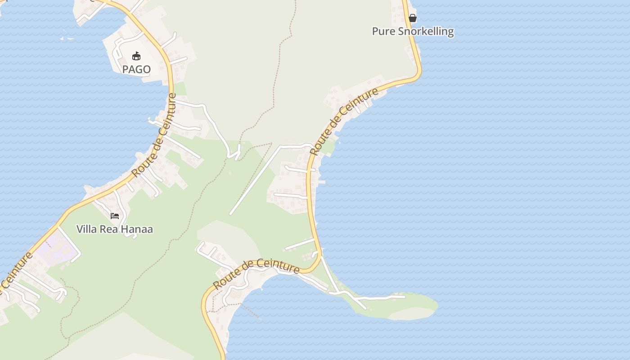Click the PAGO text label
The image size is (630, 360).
tap(136, 69)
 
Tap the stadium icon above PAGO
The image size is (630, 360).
tap(136, 56)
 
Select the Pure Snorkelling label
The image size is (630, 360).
tap(413, 31)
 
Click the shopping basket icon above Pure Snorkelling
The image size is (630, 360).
tap(413, 18)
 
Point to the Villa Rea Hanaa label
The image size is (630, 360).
tap(115, 229)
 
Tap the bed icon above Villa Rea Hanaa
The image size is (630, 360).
tap(115, 216)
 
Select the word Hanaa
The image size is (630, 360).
tap(139, 229)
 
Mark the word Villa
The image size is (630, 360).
tap(87, 229)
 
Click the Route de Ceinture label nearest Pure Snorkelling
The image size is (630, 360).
tap(344, 121)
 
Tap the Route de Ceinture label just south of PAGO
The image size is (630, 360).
tap(154, 135)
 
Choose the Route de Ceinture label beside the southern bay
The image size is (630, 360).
tap(256, 273)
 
